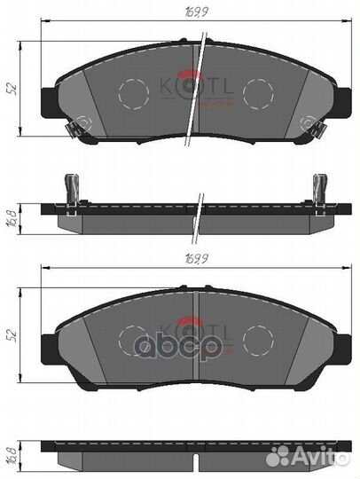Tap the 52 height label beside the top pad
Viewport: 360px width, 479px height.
[x=11, y=88]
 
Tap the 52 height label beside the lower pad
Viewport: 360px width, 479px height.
[x=11, y=337]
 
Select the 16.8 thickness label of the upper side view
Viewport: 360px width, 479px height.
[x=11, y=216]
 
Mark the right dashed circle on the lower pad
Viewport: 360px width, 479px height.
[x=258, y=341]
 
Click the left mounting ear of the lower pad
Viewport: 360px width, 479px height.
[x=50, y=341]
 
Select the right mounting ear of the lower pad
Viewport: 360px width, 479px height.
[x=341, y=341]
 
